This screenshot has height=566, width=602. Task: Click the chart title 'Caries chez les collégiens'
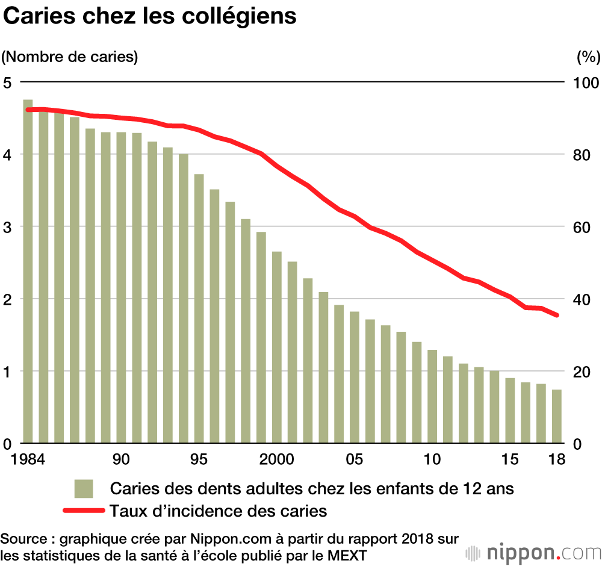(x=150, y=16)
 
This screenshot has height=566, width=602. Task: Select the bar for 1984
(x=28, y=271)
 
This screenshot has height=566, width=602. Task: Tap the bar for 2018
(x=557, y=416)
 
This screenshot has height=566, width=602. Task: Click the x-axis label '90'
(x=121, y=459)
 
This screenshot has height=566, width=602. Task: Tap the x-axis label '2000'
(x=277, y=459)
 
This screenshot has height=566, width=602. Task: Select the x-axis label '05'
(x=355, y=459)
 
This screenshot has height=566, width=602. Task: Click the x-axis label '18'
(x=557, y=459)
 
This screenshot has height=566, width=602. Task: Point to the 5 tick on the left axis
(x=8, y=82)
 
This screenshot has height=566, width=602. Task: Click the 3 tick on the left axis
(x=8, y=227)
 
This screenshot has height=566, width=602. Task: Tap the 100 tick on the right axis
(x=584, y=82)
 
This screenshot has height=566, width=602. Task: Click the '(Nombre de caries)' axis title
(x=70, y=57)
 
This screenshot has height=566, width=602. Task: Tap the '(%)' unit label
(x=588, y=57)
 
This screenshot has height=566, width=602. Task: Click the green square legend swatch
(x=84, y=488)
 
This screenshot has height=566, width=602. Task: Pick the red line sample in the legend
(x=84, y=511)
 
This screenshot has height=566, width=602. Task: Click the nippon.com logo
(x=533, y=552)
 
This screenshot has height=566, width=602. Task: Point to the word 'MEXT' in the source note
(x=343, y=553)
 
